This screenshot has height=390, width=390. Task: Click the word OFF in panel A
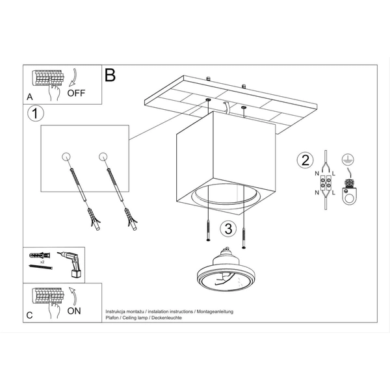pyautogui.click(x=77, y=93)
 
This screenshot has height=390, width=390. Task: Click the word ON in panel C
pyautogui.click(x=75, y=311)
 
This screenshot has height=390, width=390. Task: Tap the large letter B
pyautogui.click(x=110, y=75)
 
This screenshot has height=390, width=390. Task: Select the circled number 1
pyautogui.click(x=35, y=114)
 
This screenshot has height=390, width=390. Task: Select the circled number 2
pyautogui.click(x=303, y=159)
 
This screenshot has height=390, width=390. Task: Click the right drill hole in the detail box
pyautogui.click(x=102, y=156)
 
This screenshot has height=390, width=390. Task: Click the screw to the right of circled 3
pyautogui.click(x=244, y=235)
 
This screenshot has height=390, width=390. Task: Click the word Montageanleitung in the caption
pyautogui.click(x=211, y=312)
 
